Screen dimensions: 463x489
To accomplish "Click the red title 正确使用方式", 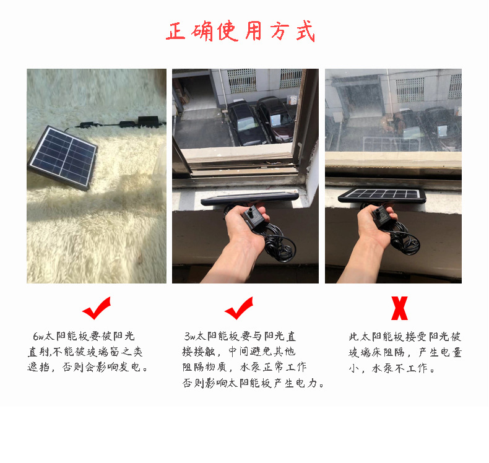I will (x=241, y=31).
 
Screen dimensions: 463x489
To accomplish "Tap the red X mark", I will (x=400, y=308).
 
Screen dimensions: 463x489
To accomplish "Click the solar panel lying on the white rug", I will (x=63, y=156).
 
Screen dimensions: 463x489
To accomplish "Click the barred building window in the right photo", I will (x=410, y=89).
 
